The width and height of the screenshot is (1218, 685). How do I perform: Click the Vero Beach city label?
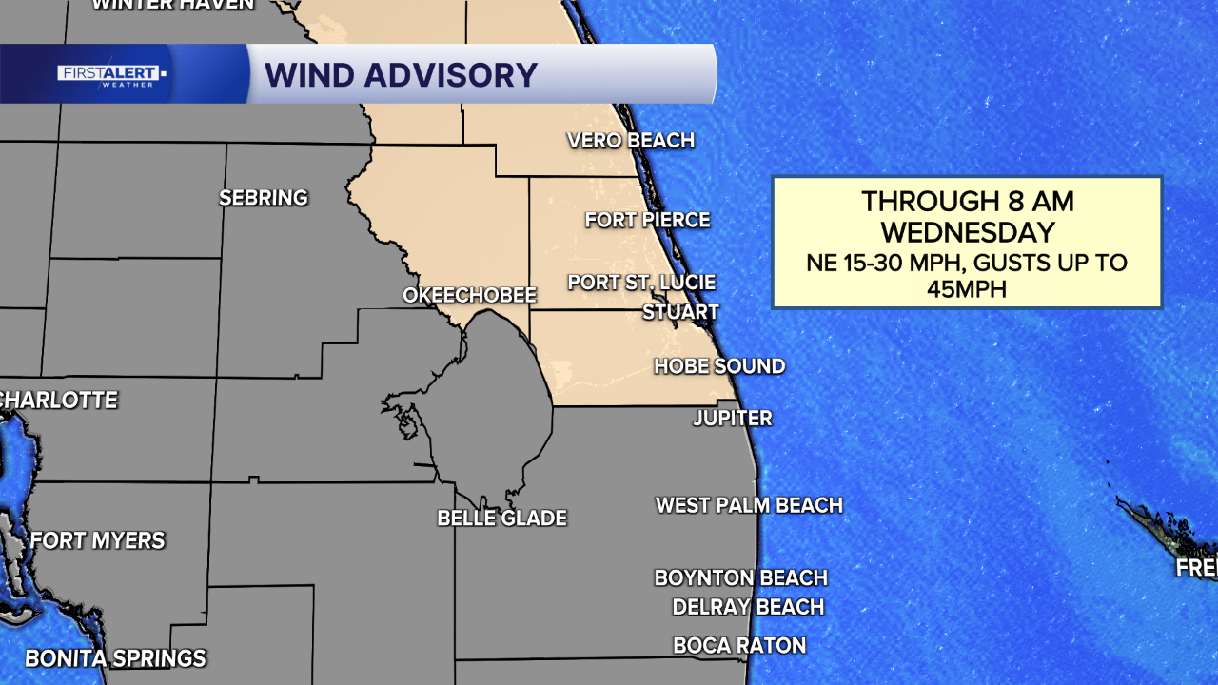630,141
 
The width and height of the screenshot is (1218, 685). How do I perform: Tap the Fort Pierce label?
647,220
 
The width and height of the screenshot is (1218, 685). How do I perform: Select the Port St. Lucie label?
641,283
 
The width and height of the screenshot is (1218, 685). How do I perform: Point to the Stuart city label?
680,312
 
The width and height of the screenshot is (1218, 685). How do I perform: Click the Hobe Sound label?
719,366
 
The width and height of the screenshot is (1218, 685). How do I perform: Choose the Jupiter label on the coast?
732,419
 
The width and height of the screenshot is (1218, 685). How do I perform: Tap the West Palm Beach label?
749,505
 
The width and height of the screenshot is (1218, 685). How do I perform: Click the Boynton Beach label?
740,577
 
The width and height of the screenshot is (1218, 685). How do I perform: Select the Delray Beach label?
748,607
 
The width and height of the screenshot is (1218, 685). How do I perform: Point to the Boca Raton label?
739,646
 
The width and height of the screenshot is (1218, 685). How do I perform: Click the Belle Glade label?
501,519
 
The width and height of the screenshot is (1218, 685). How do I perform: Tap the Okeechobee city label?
469,296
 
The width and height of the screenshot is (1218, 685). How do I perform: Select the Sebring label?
264,198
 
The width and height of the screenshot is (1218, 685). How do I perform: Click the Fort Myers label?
98,541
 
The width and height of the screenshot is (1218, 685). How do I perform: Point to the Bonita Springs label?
115,658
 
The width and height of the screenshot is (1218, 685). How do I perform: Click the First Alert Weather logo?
111,75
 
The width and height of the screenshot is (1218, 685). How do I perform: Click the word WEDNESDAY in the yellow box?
968,232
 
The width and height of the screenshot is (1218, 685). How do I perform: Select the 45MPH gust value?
967,289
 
